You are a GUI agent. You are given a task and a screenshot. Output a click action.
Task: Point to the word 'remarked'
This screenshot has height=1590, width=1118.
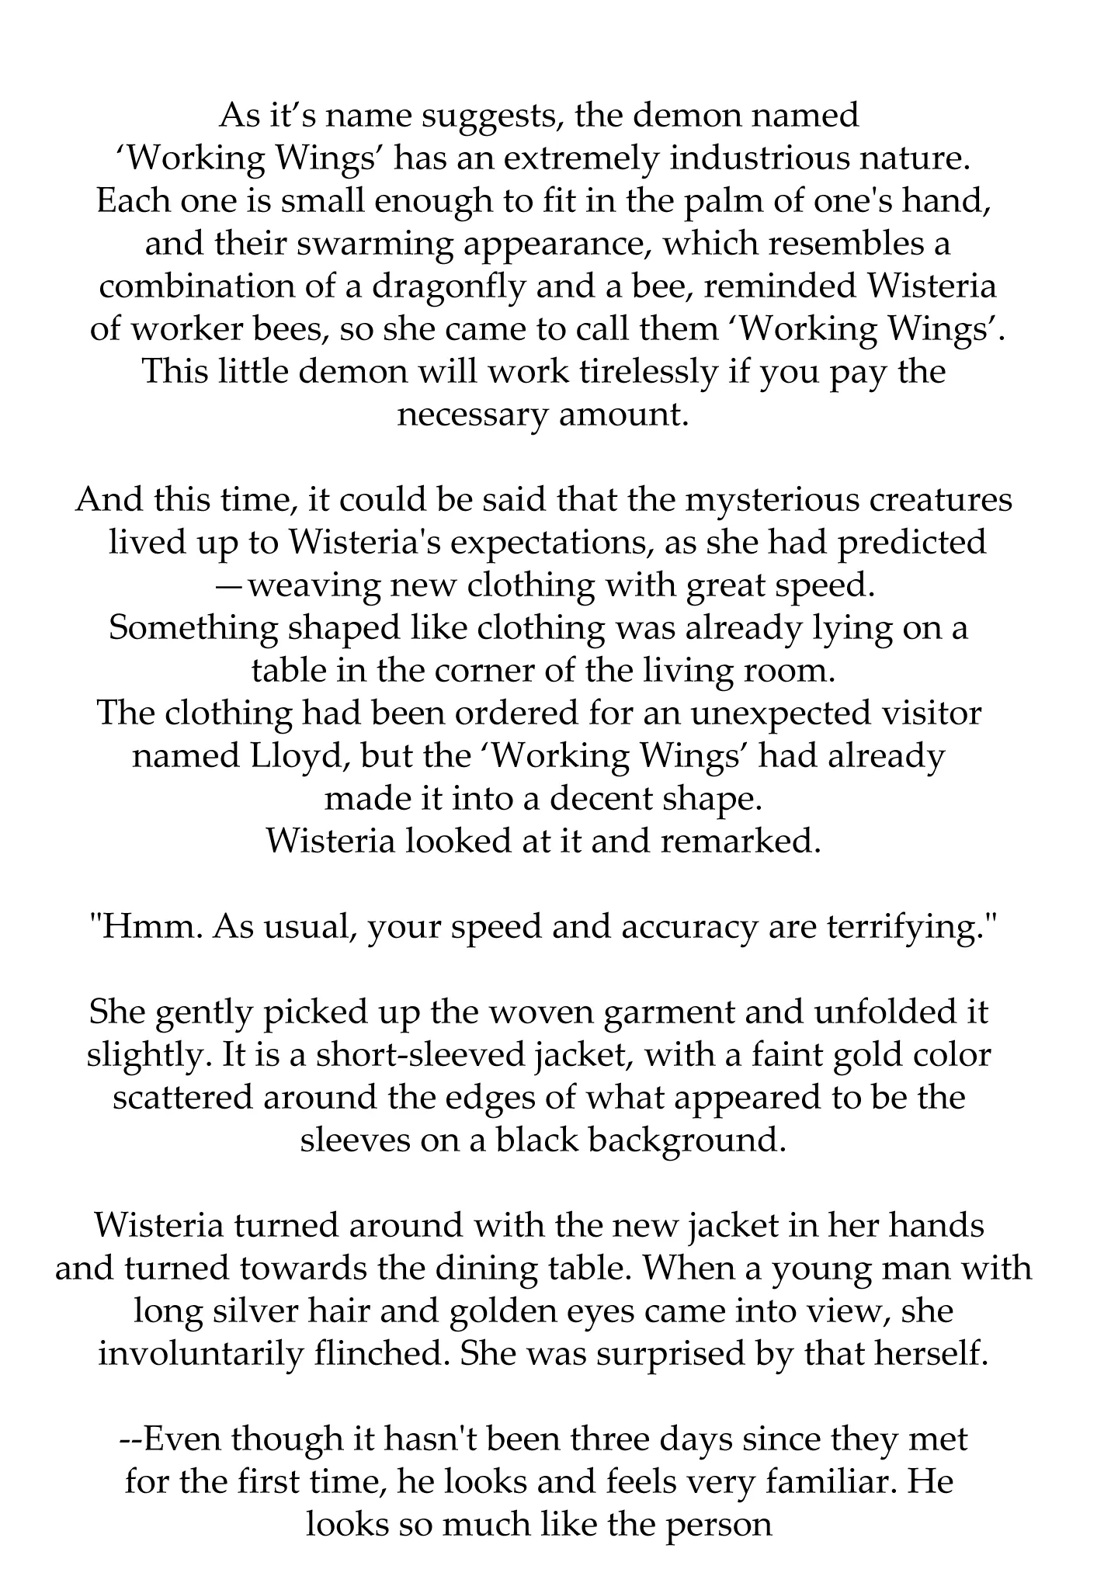pyautogui.click(x=741, y=842)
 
